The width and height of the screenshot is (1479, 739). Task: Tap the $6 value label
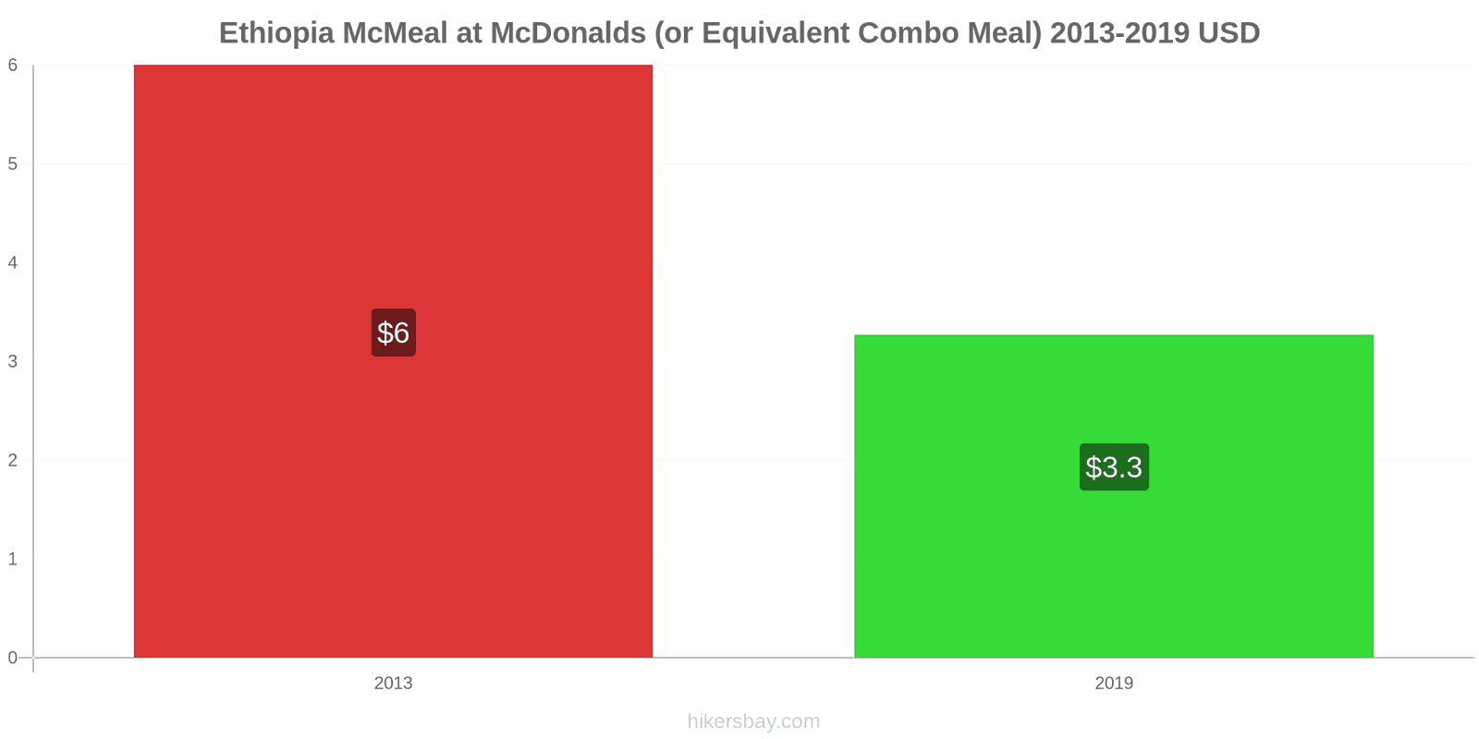point(393,333)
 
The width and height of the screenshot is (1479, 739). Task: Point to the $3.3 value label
point(1114,467)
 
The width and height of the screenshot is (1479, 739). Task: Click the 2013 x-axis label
point(393,684)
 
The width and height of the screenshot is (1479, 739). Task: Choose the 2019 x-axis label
point(1114,684)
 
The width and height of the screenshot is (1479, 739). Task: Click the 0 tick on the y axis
point(13,658)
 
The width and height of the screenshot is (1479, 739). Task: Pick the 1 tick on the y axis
point(13,559)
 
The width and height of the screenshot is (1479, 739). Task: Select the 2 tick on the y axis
point(13,460)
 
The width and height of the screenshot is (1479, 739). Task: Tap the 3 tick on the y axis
point(13,361)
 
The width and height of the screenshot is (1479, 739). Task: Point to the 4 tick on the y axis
point(13,262)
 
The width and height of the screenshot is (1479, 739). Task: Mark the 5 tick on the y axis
point(13,164)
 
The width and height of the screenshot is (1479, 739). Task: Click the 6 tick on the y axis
point(13,65)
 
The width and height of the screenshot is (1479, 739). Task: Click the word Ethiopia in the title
point(276,33)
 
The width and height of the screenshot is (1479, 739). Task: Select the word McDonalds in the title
point(568,33)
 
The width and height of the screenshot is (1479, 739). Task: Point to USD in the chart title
point(1228,33)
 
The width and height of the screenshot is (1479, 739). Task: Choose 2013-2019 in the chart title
point(1119,33)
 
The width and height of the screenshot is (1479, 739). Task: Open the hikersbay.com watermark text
point(753,721)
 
